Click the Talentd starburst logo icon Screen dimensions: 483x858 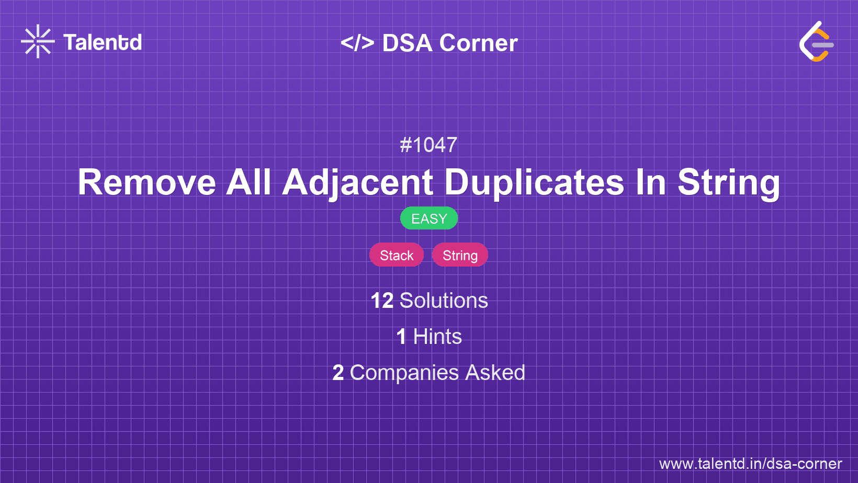point(38,41)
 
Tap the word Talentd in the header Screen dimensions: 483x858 point(103,42)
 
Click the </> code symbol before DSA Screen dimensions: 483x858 point(357,43)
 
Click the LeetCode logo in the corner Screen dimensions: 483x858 point(816,42)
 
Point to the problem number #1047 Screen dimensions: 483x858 point(428,145)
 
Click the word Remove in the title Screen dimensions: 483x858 point(147,182)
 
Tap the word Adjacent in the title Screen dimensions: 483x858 point(358,182)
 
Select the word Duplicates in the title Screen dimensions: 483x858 point(534,182)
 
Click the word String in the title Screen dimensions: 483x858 point(728,182)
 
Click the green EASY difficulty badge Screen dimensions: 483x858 point(429,218)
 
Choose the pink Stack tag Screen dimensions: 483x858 point(397,255)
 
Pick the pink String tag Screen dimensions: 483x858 point(460,255)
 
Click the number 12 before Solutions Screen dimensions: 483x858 point(382,301)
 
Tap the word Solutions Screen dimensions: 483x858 point(444,301)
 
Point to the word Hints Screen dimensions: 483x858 point(437,337)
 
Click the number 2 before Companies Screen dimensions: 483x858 point(338,373)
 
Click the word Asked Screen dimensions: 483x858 point(495,373)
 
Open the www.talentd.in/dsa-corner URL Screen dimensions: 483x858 point(750,464)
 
